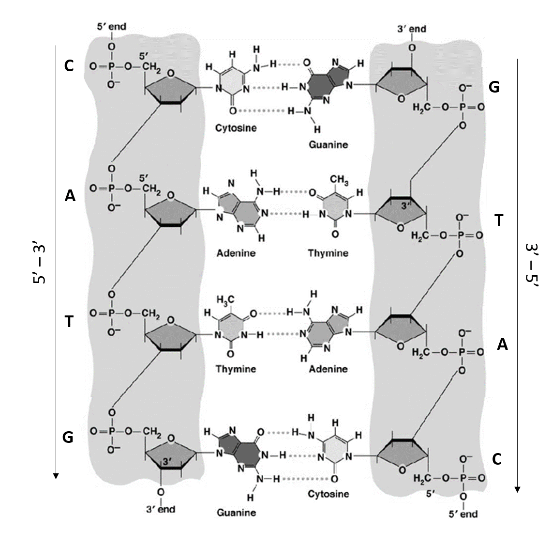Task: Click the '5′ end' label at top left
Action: point(112,27)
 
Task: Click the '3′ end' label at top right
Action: point(412,29)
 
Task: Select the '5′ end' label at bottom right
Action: point(462,514)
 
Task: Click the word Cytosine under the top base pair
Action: point(236,128)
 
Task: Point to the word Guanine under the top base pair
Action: point(328,144)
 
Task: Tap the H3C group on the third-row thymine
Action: point(225,299)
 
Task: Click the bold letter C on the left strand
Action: point(69,66)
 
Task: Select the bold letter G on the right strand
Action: point(494,87)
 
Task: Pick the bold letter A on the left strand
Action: point(70,196)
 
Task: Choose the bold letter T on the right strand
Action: point(499,220)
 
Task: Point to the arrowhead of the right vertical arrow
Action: point(517,489)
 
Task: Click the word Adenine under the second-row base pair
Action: point(236,253)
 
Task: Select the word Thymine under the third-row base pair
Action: point(236,369)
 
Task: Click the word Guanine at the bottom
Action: point(236,512)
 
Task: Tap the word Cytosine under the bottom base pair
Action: point(328,494)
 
